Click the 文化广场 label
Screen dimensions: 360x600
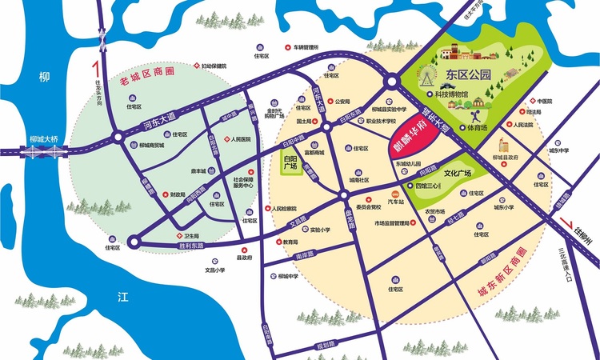458,172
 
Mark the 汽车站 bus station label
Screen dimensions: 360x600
395,201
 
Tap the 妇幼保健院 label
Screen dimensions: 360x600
214,66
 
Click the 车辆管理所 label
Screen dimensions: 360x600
306,47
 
